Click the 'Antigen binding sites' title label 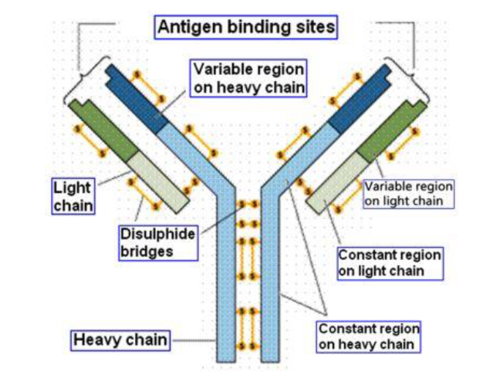click(247, 28)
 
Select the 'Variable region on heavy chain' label click(248, 77)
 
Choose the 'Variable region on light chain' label click(408, 194)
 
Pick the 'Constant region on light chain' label click(390, 262)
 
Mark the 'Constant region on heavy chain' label click(370, 336)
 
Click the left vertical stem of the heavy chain click(225, 293)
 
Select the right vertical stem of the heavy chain click(269, 293)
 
